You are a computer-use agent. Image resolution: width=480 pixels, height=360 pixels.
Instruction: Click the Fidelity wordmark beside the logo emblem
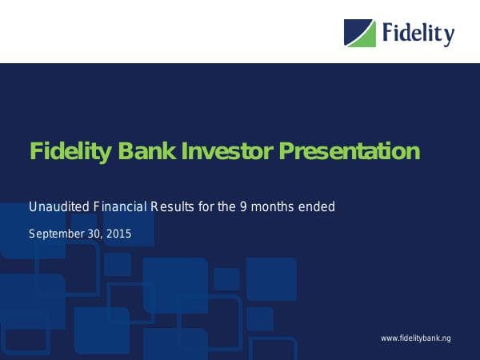coord(418,34)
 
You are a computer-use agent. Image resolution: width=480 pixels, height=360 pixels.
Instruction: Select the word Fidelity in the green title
coord(68,150)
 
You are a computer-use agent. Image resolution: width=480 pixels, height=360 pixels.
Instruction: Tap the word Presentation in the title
coord(349,150)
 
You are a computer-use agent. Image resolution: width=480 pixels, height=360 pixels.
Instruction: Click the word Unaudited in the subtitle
coord(56,207)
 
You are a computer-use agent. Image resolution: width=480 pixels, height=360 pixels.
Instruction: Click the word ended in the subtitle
coord(318,207)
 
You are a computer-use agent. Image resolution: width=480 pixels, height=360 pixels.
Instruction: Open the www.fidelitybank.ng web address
coord(415,339)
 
